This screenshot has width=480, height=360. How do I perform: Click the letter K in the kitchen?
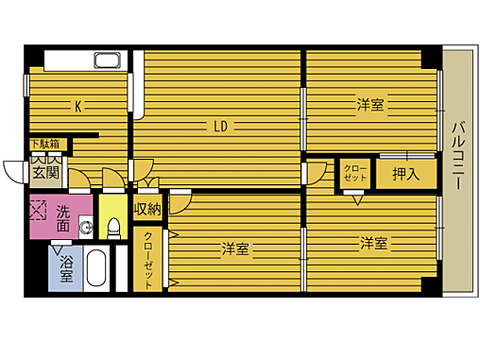click(x=78, y=106)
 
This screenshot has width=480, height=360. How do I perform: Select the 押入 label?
click(x=406, y=174)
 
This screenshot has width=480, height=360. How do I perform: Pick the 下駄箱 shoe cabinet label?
click(x=43, y=145)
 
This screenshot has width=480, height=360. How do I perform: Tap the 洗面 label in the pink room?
click(x=62, y=218)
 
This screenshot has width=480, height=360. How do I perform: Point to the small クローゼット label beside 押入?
click(x=354, y=173)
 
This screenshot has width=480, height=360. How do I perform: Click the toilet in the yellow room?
click(x=112, y=227)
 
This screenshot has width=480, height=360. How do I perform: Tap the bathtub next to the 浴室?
click(x=95, y=270)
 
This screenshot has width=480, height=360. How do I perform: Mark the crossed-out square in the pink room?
click(x=38, y=208)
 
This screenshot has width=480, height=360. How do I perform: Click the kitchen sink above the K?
click(x=106, y=62)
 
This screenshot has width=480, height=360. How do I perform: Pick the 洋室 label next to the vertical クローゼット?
click(x=234, y=249)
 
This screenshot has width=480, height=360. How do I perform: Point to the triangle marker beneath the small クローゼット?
click(x=356, y=198)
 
